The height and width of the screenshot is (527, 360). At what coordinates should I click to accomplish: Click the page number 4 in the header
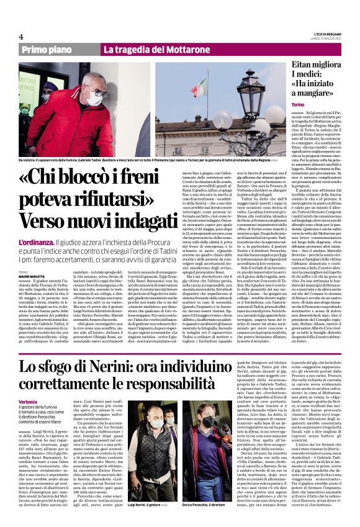click(21, 37)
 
